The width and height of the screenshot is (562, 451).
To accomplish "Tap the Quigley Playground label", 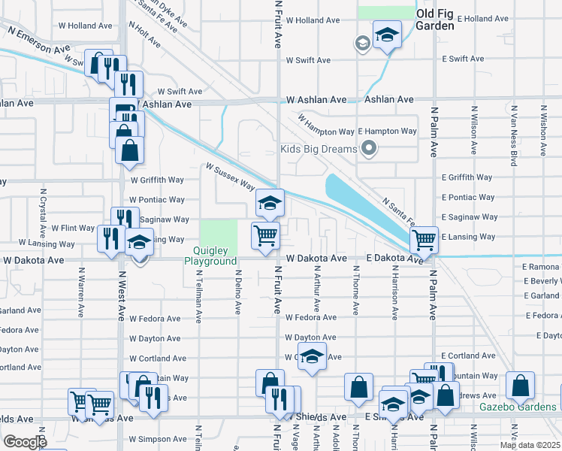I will coord(211,256).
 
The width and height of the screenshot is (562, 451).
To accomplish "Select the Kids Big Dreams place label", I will coord(319,149).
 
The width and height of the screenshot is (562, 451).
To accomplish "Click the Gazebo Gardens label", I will coord(518,407).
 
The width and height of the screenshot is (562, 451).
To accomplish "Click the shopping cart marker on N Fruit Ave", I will coord(265,236).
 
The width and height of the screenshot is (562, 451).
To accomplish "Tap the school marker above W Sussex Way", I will coord(270,202).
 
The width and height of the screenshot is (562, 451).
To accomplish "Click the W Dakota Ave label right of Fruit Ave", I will coord(318,258).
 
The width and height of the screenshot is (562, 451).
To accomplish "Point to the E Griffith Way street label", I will coord(467,177).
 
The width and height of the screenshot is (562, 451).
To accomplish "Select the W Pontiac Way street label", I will coord(157,200).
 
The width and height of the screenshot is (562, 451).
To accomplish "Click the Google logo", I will coord(25,441).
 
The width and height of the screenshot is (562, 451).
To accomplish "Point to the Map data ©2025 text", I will coord(529,445).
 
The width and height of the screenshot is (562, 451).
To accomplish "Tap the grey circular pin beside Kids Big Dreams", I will coord(368,149).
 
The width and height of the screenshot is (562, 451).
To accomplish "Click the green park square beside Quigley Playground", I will coord(219,236).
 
